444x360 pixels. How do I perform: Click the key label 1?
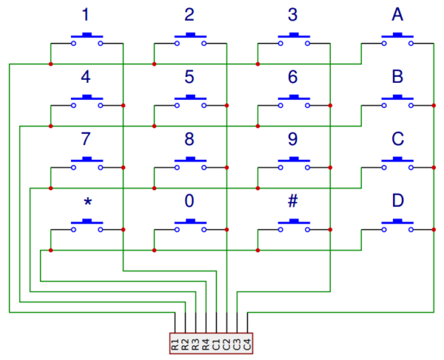pos(87,14)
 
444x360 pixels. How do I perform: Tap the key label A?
pos(397,14)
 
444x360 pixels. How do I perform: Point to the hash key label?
pos(293,201)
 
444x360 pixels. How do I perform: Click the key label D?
pos(397,201)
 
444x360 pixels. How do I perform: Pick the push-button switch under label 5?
pos(190,101)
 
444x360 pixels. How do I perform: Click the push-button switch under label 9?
pos(294,164)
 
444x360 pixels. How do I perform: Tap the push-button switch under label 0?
pos(190,226)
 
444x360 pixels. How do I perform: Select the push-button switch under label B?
pos(397,101)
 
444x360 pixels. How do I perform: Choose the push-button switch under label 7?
pos(87,164)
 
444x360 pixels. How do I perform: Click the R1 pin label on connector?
pos(175,343)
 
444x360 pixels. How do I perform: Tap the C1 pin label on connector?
pos(216,343)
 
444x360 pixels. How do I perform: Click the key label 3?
pos(294,14)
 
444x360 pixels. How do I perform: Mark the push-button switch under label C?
pos(397,164)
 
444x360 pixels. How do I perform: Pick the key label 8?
pos(190,139)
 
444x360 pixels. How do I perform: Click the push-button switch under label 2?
pos(190,39)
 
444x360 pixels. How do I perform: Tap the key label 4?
pos(87,76)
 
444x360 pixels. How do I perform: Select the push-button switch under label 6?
pos(294,101)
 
